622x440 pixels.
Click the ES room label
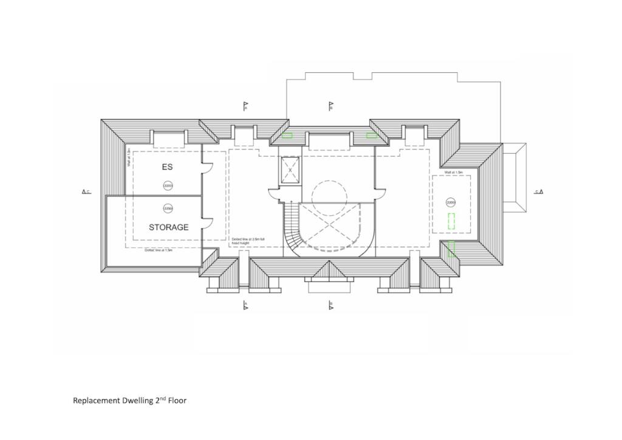coord(167,166)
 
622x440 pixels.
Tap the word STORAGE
coord(168,227)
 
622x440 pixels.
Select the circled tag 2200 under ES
coord(167,185)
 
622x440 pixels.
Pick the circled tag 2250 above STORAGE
coord(168,208)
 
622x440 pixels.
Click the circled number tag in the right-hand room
coord(451,202)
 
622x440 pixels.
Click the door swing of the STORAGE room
coord(207,222)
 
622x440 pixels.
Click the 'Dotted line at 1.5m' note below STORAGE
coord(159,250)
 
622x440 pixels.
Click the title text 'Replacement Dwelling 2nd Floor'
coord(129,400)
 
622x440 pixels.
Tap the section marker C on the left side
coord(86,192)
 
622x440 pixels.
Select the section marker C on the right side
coord(539,192)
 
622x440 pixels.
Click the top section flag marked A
coord(245,106)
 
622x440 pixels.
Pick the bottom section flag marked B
coord(330,305)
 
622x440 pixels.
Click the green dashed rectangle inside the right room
coord(451,221)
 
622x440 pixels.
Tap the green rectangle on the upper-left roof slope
coord(287,135)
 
